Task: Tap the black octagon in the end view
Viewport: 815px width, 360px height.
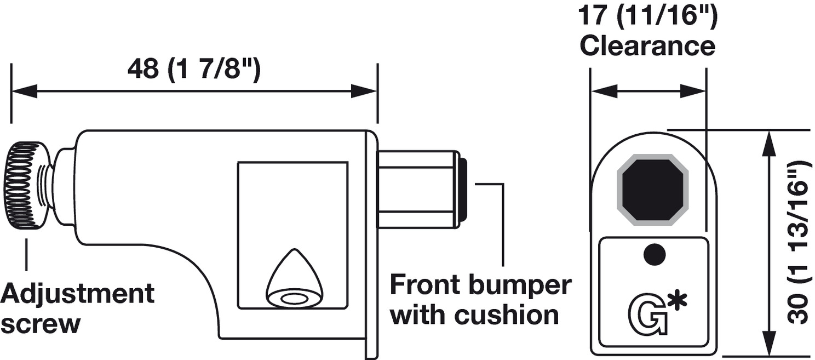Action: point(652,189)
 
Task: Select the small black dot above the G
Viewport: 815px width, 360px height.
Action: point(654,254)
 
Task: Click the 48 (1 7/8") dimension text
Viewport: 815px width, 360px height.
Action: point(194,70)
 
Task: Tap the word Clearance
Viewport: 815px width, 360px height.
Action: point(647,46)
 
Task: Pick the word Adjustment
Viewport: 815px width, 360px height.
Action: point(77,294)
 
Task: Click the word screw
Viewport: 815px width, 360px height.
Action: point(41,324)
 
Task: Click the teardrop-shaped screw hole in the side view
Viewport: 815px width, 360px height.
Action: point(294,279)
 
